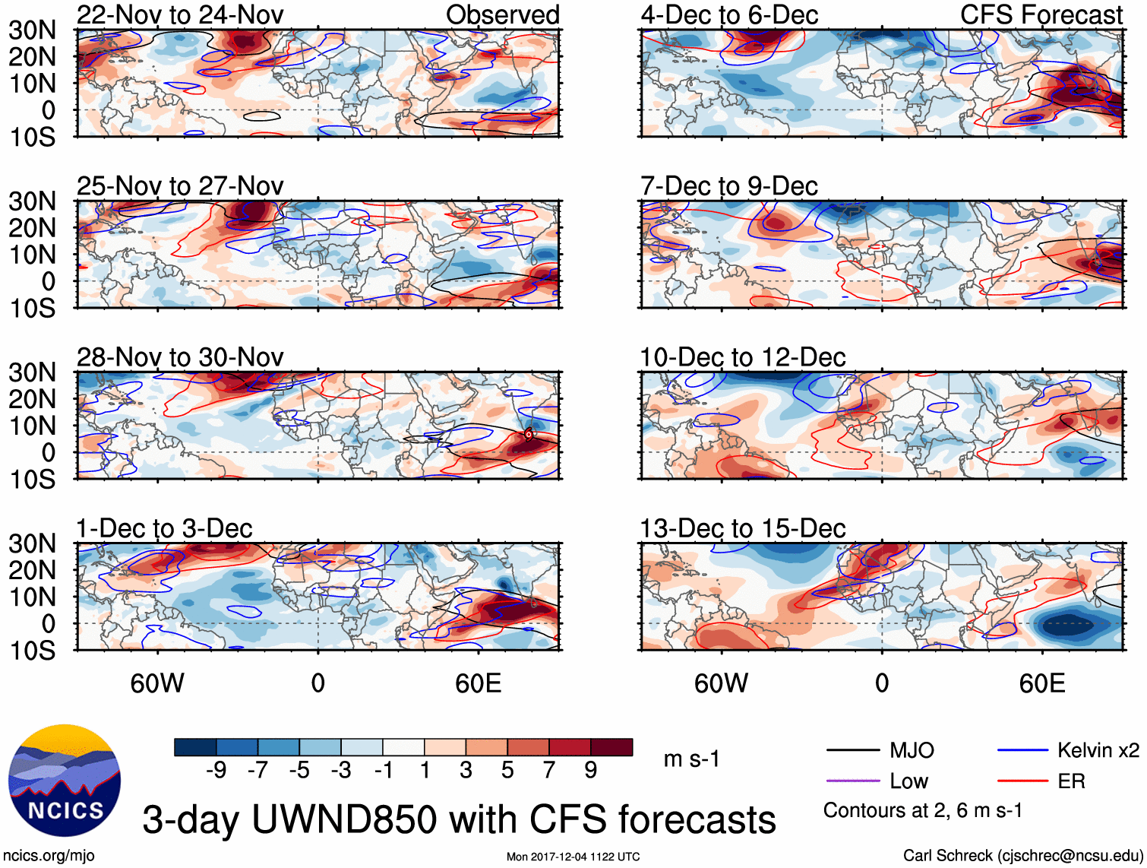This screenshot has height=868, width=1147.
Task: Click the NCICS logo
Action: click(64, 780)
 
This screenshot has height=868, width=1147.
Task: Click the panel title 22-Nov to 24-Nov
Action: click(180, 14)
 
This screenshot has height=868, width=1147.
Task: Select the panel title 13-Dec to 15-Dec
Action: click(742, 528)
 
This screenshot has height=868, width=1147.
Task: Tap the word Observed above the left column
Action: click(502, 14)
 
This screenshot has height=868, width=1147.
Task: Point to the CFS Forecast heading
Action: click(1041, 14)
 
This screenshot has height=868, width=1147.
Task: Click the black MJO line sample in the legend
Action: click(853, 751)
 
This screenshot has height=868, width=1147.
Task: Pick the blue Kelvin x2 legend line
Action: click(1022, 751)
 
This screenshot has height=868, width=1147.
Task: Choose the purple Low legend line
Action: click(853, 781)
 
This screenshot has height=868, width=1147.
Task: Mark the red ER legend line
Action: click(1022, 781)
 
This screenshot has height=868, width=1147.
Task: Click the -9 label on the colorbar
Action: click(216, 771)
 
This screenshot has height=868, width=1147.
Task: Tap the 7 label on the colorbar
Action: click(549, 771)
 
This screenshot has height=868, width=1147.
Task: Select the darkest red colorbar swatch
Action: click(611, 747)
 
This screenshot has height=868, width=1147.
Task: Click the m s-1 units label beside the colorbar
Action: click(691, 759)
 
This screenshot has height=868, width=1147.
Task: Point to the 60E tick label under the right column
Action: click(1041, 683)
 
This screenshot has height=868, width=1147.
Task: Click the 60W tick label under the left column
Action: click(157, 683)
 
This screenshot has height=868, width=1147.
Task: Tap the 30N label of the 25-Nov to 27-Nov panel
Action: click(32, 201)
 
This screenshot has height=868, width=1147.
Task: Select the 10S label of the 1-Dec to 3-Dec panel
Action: click(32, 651)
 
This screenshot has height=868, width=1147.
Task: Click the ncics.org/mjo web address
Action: click(49, 855)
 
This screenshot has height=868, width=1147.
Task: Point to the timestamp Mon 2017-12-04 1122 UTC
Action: click(573, 857)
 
